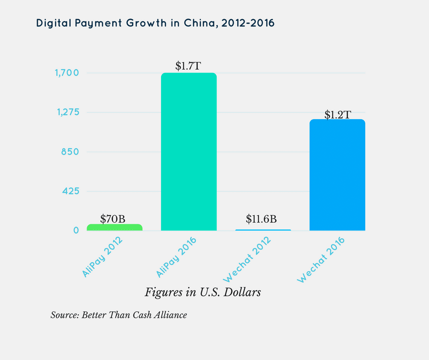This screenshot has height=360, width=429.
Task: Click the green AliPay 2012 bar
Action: click(114, 227)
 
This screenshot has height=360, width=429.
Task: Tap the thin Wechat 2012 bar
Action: click(263, 230)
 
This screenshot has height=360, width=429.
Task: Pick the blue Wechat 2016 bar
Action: click(337, 175)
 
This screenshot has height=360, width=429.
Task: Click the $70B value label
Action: click(112, 219)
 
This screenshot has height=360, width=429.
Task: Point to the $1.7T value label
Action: click(188, 66)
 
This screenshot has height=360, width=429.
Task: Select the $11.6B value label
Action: click(261, 219)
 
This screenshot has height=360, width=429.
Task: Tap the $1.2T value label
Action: click(337, 115)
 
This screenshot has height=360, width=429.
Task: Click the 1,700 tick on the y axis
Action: click(67, 73)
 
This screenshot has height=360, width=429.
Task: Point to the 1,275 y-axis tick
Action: click(67, 112)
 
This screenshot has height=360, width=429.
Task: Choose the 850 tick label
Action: click(70, 152)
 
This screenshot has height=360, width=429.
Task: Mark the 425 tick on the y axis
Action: click(70, 191)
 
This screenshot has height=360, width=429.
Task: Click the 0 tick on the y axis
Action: click(76, 230)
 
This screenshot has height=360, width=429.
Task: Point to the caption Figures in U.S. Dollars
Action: click(203, 292)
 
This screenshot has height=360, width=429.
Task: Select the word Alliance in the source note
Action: click(170, 315)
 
